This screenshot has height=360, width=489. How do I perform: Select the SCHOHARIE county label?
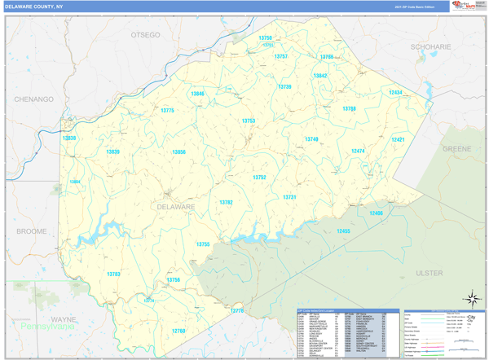[x=431, y=47]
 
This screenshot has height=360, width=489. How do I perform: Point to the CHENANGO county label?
[x=33, y=99]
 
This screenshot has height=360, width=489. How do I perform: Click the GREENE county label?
[x=456, y=150]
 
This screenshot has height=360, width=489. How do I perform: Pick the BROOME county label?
[x=31, y=231]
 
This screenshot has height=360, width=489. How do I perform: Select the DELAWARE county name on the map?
[x=176, y=207]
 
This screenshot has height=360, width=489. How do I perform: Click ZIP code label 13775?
[x=167, y=110]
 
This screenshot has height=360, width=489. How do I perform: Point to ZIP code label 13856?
[x=178, y=151]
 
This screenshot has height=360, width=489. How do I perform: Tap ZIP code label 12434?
[x=394, y=93]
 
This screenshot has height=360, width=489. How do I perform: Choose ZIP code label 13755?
[x=203, y=244]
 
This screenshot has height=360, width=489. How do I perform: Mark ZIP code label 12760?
[x=178, y=331]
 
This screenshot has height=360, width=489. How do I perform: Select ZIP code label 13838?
[x=69, y=138]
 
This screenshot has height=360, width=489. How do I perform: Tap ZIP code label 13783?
[x=113, y=274]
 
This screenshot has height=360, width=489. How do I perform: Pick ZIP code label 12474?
[x=358, y=151]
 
